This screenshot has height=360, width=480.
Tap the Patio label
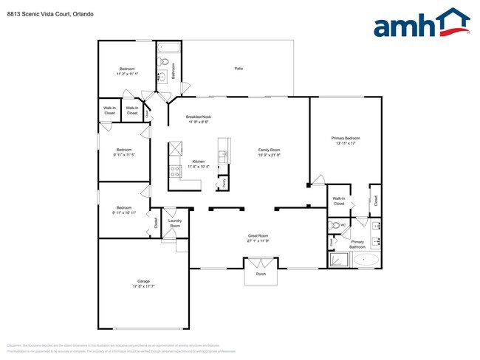click(x=239, y=69)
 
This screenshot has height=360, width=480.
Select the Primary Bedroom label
click(x=346, y=138)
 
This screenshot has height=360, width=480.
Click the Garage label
click(x=143, y=281)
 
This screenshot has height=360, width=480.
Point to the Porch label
click(x=261, y=274)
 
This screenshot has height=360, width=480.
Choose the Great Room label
click(x=258, y=236)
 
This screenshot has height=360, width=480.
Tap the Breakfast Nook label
click(x=199, y=117)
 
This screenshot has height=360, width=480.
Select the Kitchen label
click(x=199, y=161)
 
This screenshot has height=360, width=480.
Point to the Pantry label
click(x=224, y=181)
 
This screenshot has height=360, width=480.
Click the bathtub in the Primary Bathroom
click(x=366, y=260)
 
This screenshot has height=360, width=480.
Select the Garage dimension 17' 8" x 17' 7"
click(x=143, y=287)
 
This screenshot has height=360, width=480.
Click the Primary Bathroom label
click(x=357, y=244)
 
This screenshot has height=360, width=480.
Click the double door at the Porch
click(x=261, y=262)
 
